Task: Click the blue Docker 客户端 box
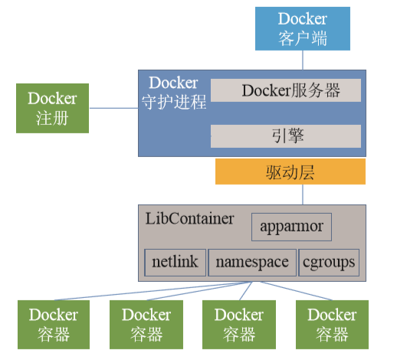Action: click(x=303, y=29)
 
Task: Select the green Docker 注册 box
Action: click(x=52, y=108)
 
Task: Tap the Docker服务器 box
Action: click(x=286, y=90)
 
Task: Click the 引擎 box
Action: click(x=286, y=136)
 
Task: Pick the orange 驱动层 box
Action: click(x=290, y=172)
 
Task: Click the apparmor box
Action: click(x=291, y=227)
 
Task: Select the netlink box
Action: click(x=175, y=262)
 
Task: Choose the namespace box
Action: click(x=251, y=262)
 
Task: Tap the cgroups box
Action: click(x=329, y=262)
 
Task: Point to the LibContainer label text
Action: click(x=189, y=218)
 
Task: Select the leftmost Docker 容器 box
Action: click(x=53, y=323)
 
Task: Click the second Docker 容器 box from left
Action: click(x=146, y=323)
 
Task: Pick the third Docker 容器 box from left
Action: click(x=238, y=323)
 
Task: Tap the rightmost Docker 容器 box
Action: click(x=331, y=323)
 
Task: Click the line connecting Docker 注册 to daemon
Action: click(x=113, y=108)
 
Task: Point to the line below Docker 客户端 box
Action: click(x=303, y=61)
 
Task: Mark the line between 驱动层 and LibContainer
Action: click(x=303, y=195)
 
